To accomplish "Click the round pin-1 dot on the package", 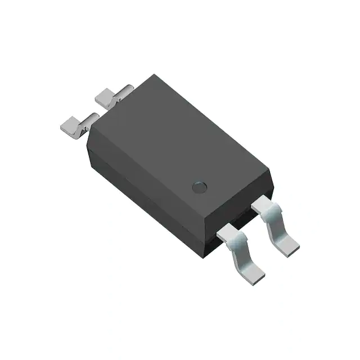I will pos(200,187).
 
